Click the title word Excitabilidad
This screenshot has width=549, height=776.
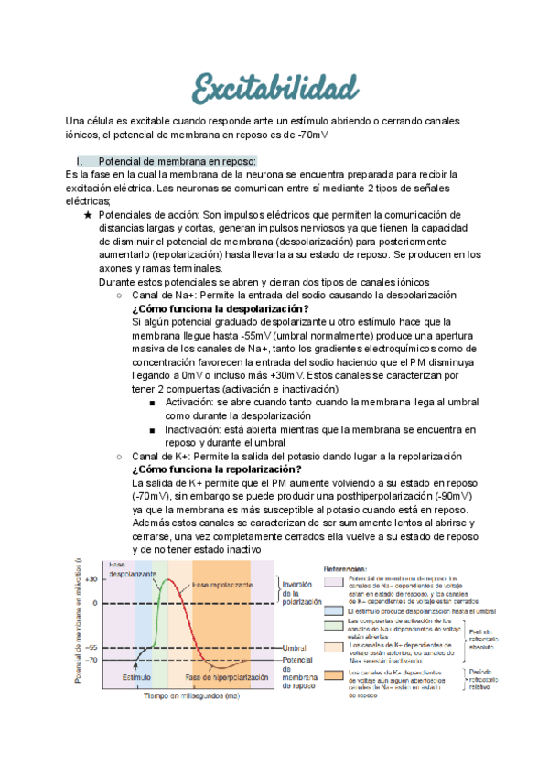[x=275, y=89]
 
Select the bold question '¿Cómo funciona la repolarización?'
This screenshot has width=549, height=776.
[x=216, y=469]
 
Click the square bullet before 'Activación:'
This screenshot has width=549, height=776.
[x=152, y=402]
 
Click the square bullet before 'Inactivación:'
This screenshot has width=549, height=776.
[x=152, y=429]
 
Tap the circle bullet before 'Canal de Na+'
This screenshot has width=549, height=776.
[x=120, y=295]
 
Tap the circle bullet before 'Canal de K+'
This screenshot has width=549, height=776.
[x=120, y=456]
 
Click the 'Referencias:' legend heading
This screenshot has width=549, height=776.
[x=350, y=567]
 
